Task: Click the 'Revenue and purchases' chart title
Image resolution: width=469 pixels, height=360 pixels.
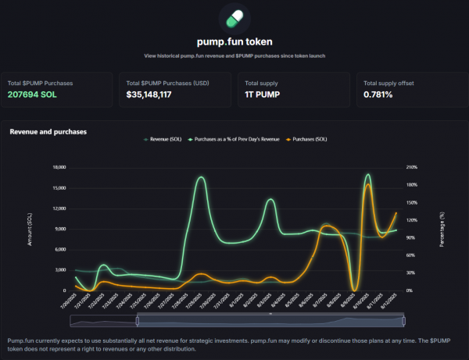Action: [x=48, y=132]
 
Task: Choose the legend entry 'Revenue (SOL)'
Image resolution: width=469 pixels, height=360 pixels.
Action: [x=169, y=139]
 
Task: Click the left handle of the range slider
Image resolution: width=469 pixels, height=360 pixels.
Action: [x=138, y=320]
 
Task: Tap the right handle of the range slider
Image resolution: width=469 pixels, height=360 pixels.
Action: [x=405, y=320]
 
